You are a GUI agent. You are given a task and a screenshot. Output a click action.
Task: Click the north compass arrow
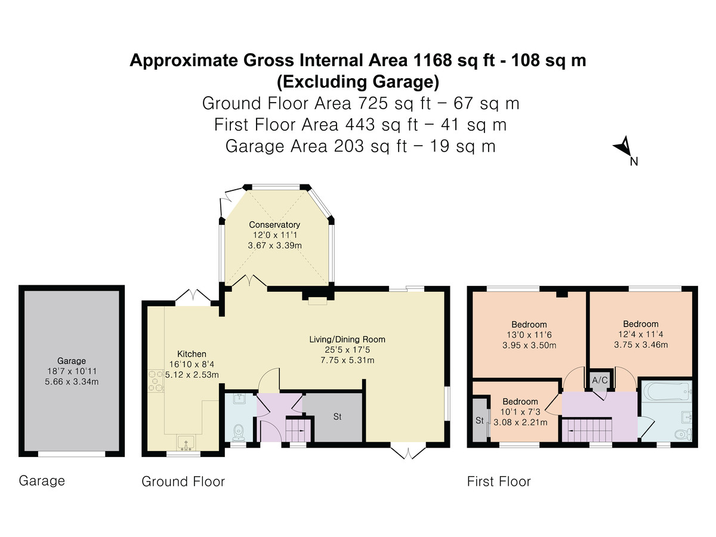click(x=623, y=146)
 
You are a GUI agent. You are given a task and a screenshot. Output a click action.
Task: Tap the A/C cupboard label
click(x=600, y=380)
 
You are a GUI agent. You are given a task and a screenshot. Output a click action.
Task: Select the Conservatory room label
click(x=274, y=225)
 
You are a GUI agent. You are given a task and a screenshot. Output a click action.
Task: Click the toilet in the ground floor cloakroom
click(x=239, y=431)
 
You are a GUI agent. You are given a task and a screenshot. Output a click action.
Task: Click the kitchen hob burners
click(x=156, y=381)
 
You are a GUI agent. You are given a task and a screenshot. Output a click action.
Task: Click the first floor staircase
click(x=587, y=430)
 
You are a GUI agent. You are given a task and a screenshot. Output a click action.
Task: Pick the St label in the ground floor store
click(x=337, y=416)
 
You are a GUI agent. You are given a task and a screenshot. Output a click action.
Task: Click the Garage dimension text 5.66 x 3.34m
click(x=72, y=381)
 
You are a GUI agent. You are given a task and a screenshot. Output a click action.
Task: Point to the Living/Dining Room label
click(x=347, y=340)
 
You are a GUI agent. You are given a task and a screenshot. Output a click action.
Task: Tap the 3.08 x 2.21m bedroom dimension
click(x=520, y=422)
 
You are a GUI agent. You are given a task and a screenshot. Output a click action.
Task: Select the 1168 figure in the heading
click(x=433, y=60)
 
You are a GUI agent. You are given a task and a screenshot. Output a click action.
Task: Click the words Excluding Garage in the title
click(x=358, y=82)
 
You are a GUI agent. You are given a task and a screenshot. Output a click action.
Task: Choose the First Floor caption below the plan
click(x=499, y=482)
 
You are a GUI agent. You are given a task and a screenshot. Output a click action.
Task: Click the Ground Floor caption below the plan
click(x=183, y=482)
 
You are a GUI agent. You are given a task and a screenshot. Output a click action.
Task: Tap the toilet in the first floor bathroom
click(x=683, y=434)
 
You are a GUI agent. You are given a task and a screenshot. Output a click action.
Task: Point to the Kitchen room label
click(x=192, y=354)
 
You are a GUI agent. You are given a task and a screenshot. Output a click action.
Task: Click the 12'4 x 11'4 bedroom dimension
click(x=641, y=334)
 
